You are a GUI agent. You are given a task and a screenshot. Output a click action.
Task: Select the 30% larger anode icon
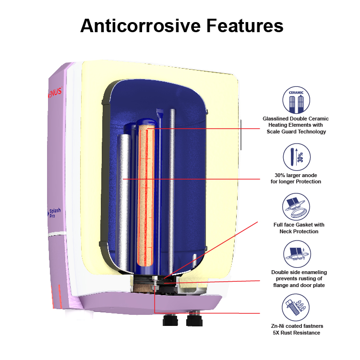[x=296, y=157]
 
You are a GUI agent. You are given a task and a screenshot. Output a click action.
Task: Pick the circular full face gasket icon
[x=296, y=207]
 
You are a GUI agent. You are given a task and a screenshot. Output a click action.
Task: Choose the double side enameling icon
[x=296, y=255]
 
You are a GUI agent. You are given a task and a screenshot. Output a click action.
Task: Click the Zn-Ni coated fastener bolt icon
[x=296, y=308]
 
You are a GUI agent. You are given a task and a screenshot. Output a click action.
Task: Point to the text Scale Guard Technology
[x=296, y=132]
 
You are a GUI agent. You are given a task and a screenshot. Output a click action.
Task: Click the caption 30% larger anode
[x=296, y=175]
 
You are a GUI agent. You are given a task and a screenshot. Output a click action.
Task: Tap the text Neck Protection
[x=296, y=231]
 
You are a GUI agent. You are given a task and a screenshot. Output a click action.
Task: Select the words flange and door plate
[x=296, y=285]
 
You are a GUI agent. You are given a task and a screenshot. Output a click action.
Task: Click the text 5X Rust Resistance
[x=296, y=333]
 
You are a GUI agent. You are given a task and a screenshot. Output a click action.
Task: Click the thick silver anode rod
[x=124, y=192]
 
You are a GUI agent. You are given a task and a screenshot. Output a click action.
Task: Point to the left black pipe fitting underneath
[x=170, y=320]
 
